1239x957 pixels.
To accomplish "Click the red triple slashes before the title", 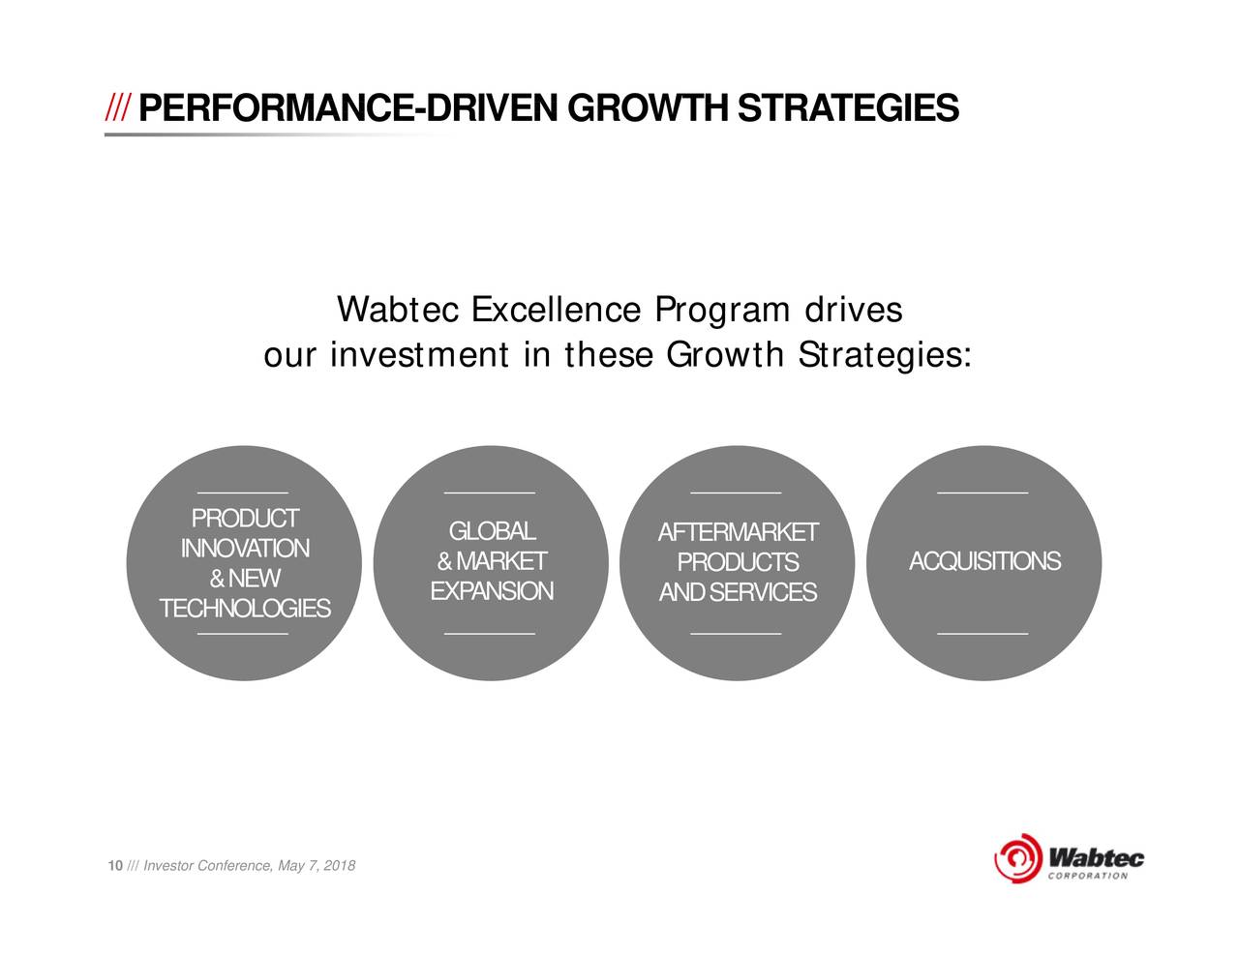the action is coord(118,107).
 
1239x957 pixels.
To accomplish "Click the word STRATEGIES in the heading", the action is coord(849,107).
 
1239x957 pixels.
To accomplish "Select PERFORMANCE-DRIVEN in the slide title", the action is coord(348,107).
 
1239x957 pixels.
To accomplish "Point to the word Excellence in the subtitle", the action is coord(557,310).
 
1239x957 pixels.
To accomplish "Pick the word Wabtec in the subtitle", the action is coord(398,310).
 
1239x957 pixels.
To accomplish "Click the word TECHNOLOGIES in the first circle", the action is coord(245,609).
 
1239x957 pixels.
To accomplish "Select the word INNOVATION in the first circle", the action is coord(245,549).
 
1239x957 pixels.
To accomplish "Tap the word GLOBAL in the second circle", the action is coord(492,531).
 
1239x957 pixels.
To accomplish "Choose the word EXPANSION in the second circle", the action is coord(492,591).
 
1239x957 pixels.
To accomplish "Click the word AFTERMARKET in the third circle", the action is coord(739,532).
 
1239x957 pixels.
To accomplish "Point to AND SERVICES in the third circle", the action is coord(739,592).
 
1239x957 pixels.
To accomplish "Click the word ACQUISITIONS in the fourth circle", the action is coord(985,561).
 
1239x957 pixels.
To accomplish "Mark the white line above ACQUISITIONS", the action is coord(982,493).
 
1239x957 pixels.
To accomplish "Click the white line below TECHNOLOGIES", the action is coord(243,633).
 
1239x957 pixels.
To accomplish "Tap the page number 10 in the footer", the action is coord(115,866).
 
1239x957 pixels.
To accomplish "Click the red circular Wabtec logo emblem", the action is coord(1017,858).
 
